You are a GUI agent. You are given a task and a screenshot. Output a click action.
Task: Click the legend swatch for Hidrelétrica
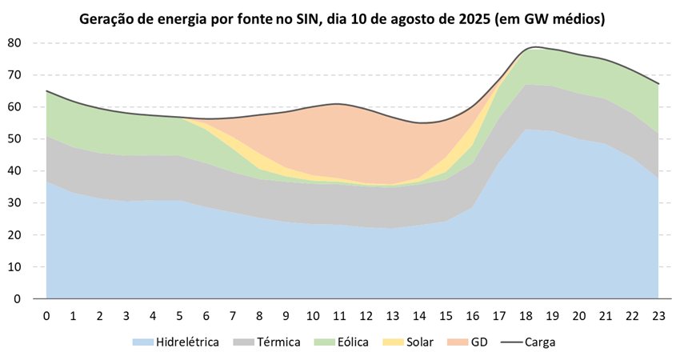point(142,342)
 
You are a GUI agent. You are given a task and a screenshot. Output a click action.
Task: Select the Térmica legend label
point(278,342)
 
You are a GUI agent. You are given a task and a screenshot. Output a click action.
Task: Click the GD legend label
point(478,342)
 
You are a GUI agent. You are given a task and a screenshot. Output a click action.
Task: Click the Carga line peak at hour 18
point(526,49)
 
